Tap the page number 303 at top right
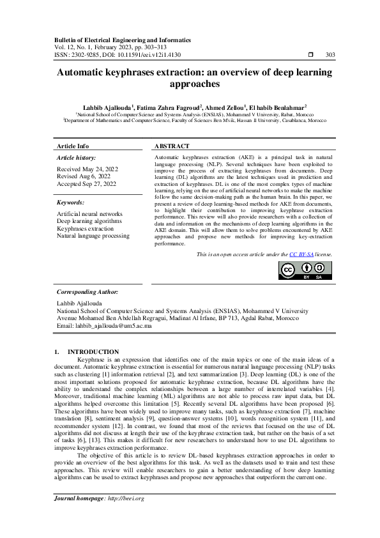(x=331, y=56)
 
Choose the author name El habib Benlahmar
(x=278, y=107)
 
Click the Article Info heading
(x=73, y=146)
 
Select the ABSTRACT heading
(x=173, y=146)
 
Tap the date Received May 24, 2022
(x=87, y=169)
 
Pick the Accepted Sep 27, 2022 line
(x=87, y=184)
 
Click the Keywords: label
(x=71, y=202)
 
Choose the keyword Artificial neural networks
(x=90, y=214)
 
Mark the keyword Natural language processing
(x=93, y=236)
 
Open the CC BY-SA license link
(x=301, y=254)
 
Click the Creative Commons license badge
(x=305, y=270)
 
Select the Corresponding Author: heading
(x=87, y=291)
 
